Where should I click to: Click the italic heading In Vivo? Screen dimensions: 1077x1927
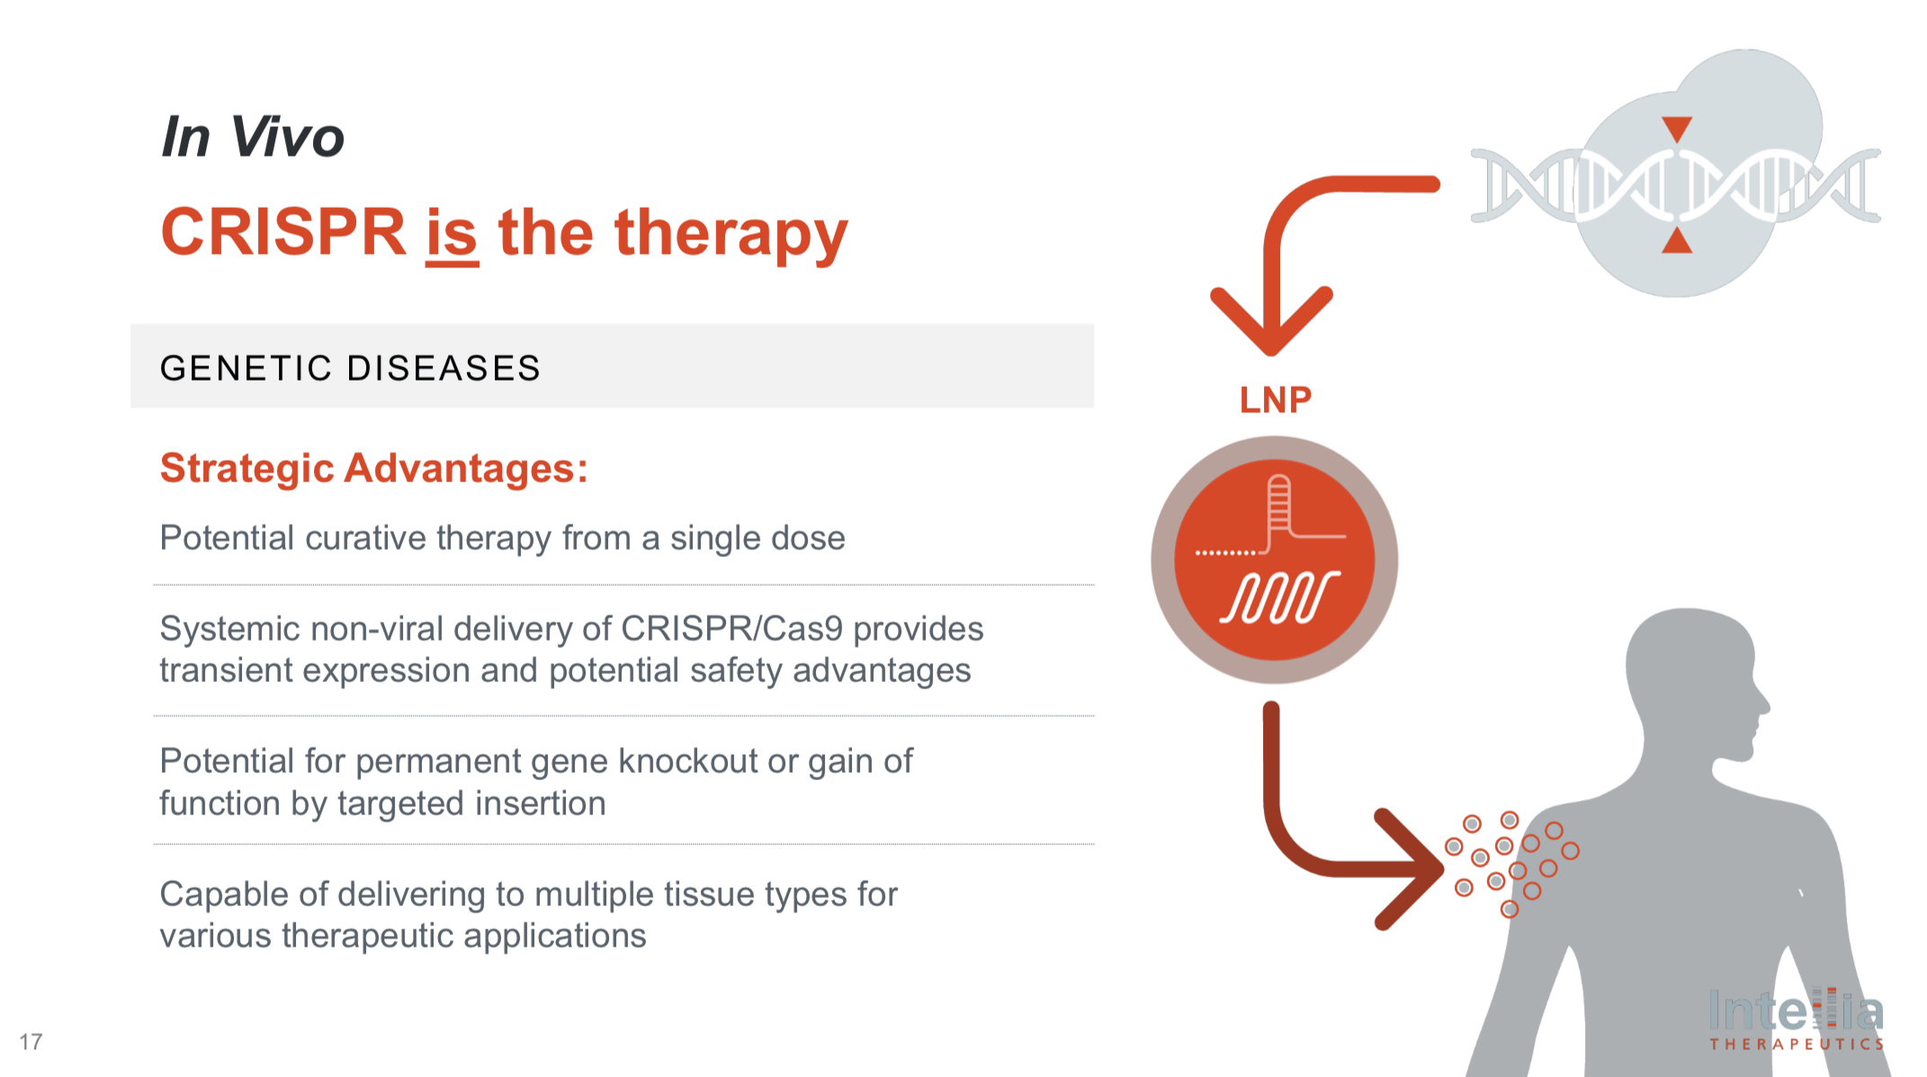coord(253,138)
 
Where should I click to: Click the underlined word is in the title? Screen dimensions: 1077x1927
coord(451,233)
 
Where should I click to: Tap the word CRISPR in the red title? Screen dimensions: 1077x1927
coord(283,233)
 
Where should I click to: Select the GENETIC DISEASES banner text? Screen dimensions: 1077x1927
coord(350,368)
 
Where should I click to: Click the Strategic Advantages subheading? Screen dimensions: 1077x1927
coord(373,469)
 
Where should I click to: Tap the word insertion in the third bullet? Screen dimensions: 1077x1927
coord(540,803)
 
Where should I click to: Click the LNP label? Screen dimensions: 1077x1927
coord(1275,399)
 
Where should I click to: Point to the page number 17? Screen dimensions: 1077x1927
coord(31,1042)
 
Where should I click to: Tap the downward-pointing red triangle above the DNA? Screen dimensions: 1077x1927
coord(1677,128)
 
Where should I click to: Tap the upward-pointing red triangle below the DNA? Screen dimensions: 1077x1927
coord(1677,241)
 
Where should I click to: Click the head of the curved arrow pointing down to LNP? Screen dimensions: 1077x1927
coord(1270,324)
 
